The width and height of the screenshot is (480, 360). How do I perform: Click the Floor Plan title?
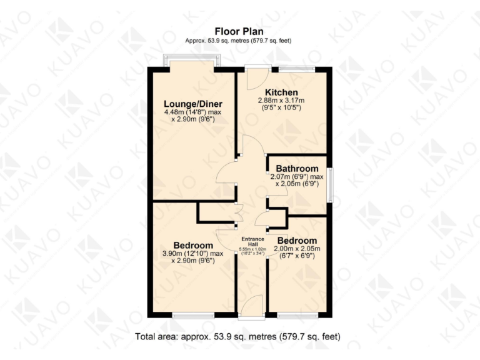tap(239, 31)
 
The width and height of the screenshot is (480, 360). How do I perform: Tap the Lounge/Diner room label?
tap(193, 104)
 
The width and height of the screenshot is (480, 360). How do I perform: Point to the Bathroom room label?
tap(297, 169)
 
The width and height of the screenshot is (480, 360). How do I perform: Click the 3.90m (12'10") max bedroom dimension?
tap(193, 254)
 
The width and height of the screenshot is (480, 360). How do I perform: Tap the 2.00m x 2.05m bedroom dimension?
tap(297, 248)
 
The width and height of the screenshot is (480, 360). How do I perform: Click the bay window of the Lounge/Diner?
tap(192, 61)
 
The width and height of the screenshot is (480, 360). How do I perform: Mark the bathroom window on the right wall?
tap(331, 184)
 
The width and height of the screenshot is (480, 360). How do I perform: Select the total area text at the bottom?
tap(239, 337)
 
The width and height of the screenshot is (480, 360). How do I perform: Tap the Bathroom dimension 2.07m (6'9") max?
tap(297, 177)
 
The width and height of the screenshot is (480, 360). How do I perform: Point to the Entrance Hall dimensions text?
tap(253, 251)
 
